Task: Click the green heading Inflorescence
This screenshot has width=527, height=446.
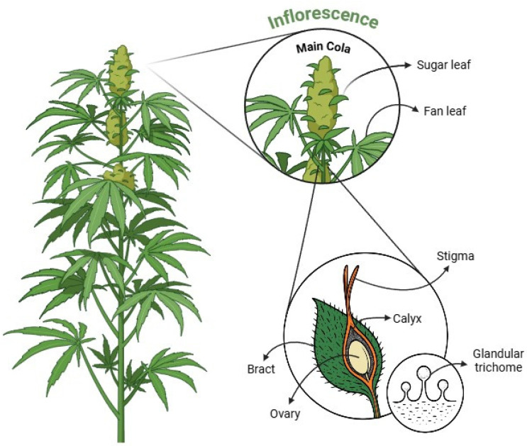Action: tap(322, 19)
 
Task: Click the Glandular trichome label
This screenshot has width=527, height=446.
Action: tap(498, 359)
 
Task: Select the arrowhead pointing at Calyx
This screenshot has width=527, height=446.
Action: tap(384, 318)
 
